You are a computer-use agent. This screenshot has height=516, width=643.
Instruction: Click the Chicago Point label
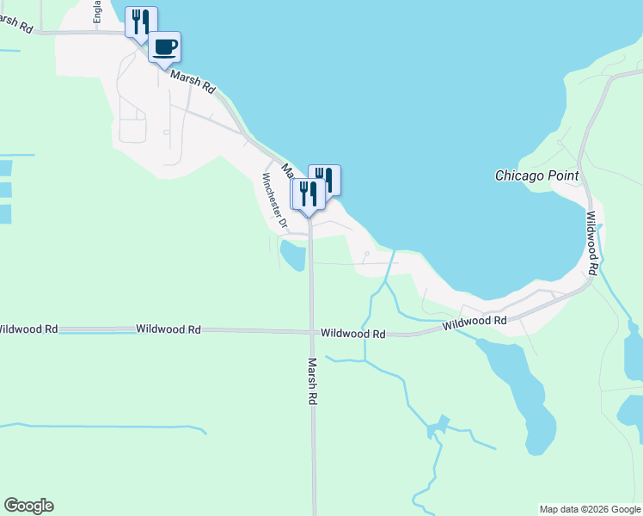[537, 175]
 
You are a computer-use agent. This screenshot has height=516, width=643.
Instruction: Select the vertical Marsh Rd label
[313, 381]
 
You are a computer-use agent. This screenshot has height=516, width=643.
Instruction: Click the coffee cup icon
[164, 46]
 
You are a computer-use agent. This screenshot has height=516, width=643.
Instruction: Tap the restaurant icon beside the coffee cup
[141, 21]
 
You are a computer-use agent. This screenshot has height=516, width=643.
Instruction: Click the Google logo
[28, 505]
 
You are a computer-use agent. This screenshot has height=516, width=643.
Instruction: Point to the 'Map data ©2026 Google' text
[590, 509]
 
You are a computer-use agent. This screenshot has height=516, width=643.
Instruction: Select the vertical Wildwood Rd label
[591, 244]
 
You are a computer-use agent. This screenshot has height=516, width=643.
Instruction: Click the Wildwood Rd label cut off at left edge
[28, 329]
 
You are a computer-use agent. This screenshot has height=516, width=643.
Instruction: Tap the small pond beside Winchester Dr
[293, 255]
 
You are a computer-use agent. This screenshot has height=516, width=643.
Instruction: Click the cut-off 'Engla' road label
[98, 12]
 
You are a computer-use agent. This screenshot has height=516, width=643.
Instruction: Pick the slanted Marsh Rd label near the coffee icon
[192, 83]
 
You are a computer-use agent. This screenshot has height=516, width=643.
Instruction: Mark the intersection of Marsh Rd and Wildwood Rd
[312, 331]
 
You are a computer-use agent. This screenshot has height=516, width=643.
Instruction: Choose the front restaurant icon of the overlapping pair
[308, 194]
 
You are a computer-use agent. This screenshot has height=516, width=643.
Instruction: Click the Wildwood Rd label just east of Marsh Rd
[352, 333]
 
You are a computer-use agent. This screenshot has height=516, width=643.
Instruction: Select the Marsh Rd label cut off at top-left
[16, 23]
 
